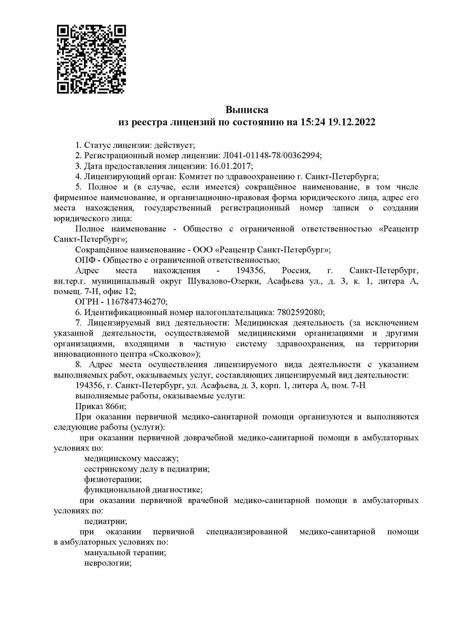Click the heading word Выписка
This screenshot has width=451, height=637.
pyautogui.click(x=246, y=110)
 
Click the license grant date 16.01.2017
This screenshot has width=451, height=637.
pyautogui.click(x=230, y=166)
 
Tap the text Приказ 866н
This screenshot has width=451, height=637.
pyautogui.click(x=101, y=406)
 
